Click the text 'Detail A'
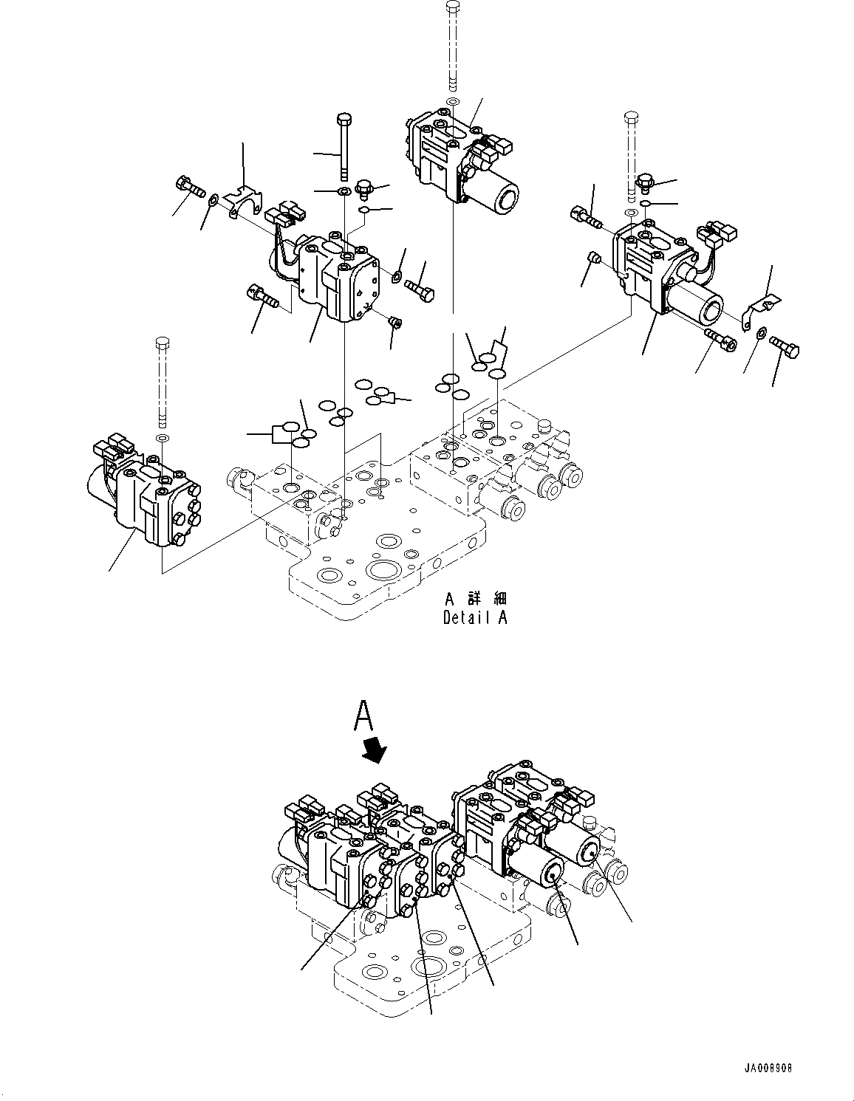474,618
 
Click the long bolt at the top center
454,44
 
